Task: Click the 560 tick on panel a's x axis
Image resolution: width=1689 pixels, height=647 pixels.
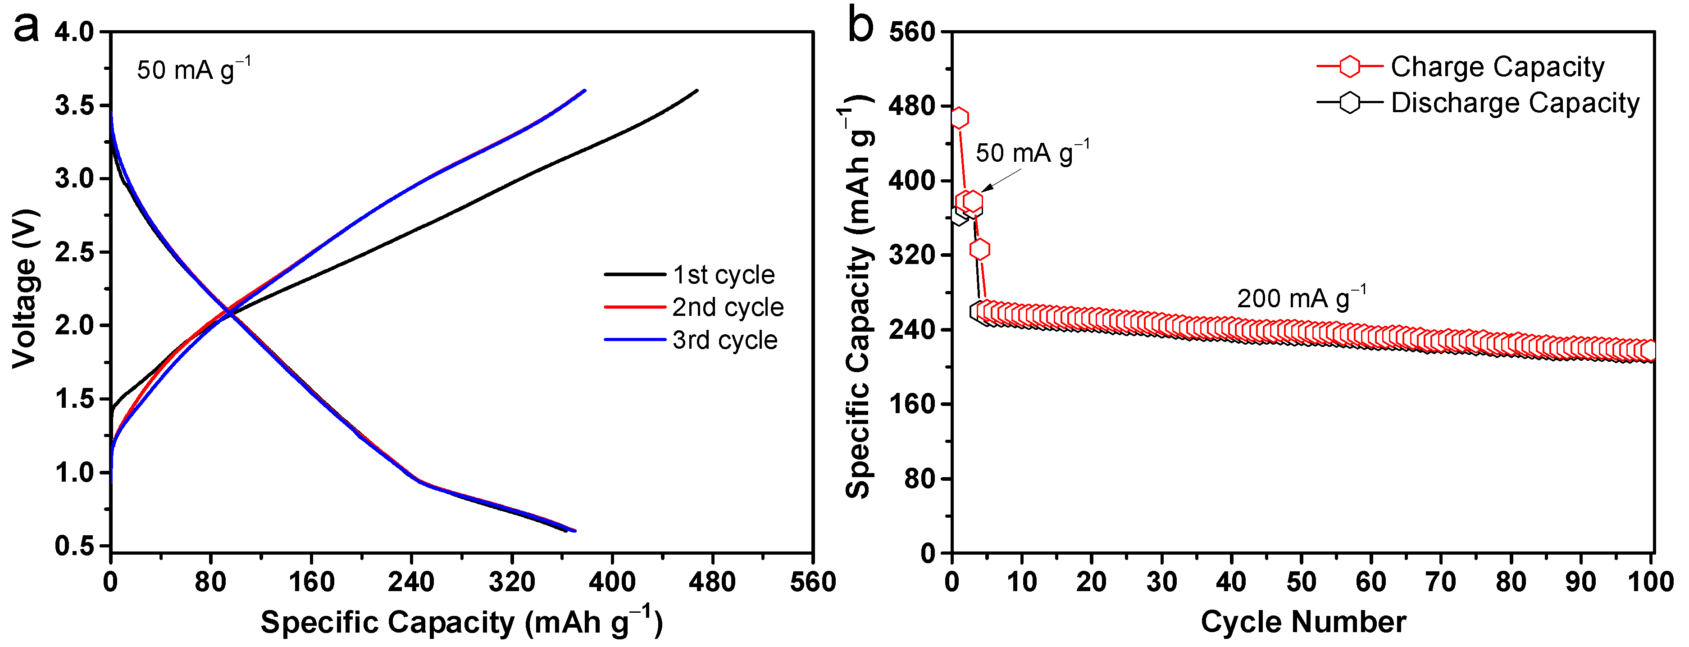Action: click(812, 582)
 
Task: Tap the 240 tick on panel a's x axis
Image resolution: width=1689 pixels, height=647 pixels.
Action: click(411, 582)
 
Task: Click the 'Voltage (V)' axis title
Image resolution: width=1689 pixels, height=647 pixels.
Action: click(25, 288)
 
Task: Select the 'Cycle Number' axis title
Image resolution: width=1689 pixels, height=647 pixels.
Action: click(1303, 621)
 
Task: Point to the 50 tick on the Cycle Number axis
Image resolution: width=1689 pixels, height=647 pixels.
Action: click(1301, 582)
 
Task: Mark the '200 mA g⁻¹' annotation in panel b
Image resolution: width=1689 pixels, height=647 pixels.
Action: click(1302, 298)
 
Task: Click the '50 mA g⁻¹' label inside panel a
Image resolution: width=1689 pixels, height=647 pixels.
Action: click(193, 69)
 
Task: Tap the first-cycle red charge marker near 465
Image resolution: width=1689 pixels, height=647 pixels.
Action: click(959, 118)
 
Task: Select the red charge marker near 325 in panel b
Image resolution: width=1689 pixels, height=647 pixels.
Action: click(979, 249)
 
